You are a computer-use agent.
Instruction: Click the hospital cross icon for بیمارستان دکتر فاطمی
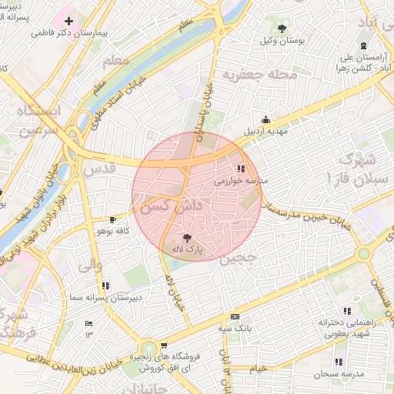69,21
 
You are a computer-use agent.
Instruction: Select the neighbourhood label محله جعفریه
250,75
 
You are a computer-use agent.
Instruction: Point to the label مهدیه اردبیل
266,131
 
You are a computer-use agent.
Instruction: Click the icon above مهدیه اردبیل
266,119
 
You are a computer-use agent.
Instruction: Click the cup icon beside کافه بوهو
114,219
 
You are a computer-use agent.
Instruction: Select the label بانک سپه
232,328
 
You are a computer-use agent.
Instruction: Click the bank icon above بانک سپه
235,316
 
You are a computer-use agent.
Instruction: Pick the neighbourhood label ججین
237,259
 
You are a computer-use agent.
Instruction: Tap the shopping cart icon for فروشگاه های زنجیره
163,346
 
